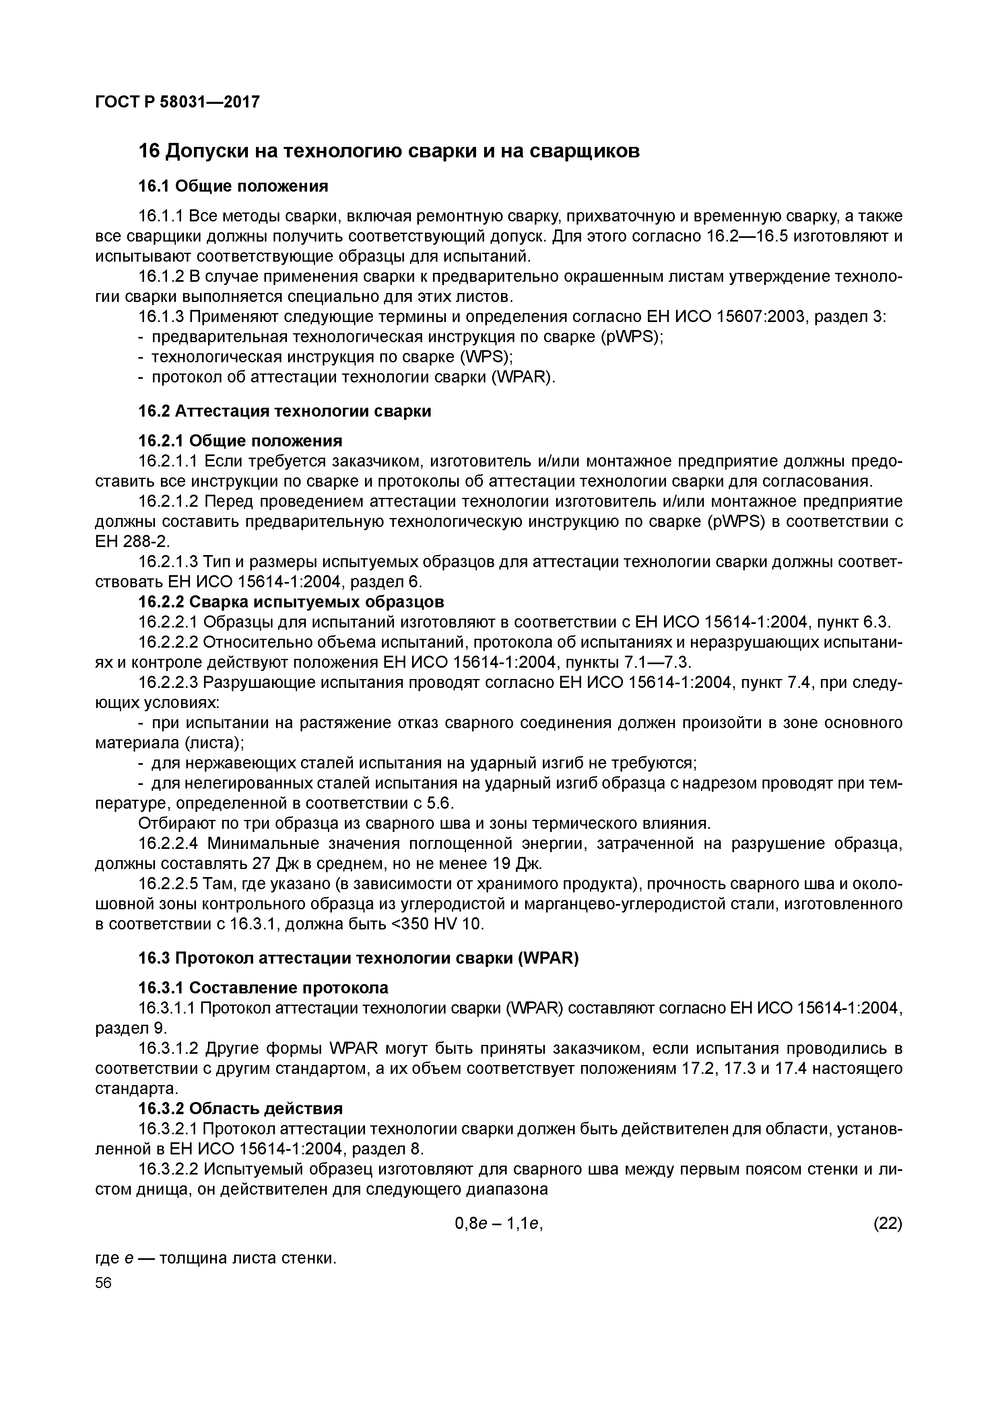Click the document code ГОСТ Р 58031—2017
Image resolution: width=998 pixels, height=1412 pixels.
pyautogui.click(x=177, y=101)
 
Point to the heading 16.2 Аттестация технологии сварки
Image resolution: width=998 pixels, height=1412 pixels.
pyautogui.click(x=285, y=411)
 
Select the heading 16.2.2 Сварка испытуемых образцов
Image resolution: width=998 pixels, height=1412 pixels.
pyautogui.click(x=291, y=601)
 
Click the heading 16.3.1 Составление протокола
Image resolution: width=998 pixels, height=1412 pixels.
pyautogui.click(x=263, y=988)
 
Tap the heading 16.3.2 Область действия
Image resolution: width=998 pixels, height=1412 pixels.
pyautogui.click(x=240, y=1108)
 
